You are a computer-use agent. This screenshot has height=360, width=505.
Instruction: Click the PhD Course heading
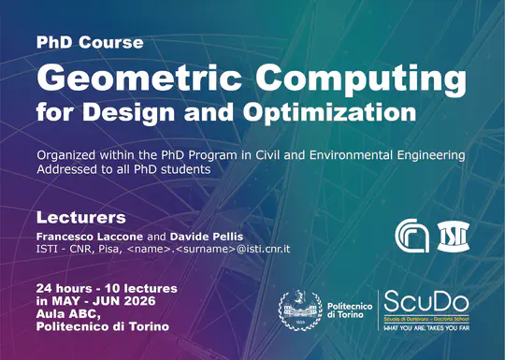pos(90,43)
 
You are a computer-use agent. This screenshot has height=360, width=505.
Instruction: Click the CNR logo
pos(411,235)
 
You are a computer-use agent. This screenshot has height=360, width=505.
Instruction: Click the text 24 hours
pos(65,286)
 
